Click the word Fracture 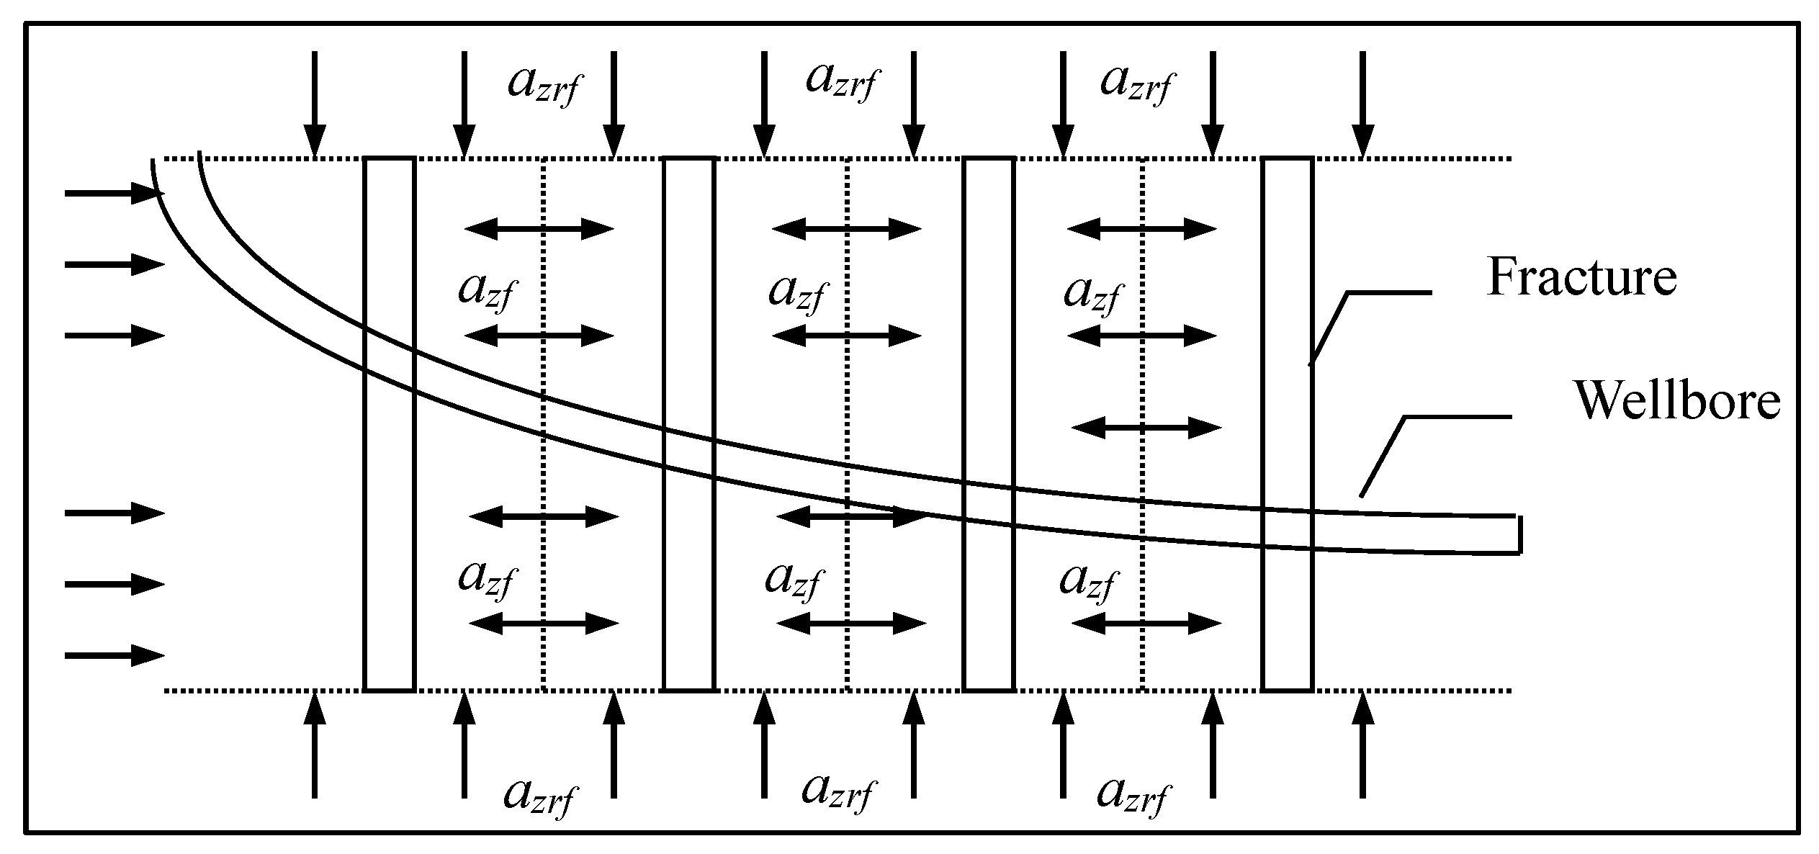tap(1581, 277)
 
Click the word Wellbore tap(1679, 400)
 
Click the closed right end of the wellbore tap(1519, 535)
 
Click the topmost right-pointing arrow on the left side tap(115, 193)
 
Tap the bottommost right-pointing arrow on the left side tap(115, 655)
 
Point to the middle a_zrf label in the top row tap(840, 81)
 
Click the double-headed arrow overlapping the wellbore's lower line tap(850, 516)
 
